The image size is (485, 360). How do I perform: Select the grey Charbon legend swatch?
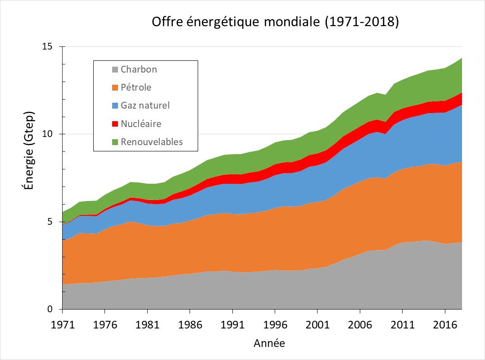(115, 70)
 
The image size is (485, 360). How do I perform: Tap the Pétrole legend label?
(136, 87)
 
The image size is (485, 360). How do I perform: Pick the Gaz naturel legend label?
(145, 105)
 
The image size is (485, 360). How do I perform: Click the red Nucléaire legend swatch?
(115, 124)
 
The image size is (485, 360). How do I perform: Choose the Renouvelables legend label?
(152, 142)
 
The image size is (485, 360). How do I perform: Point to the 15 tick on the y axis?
(47, 46)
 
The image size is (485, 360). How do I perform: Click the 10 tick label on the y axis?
(47, 134)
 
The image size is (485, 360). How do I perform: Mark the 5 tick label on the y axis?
(50, 222)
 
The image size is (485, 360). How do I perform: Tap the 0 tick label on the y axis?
(50, 310)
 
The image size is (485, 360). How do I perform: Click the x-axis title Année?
(269, 343)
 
